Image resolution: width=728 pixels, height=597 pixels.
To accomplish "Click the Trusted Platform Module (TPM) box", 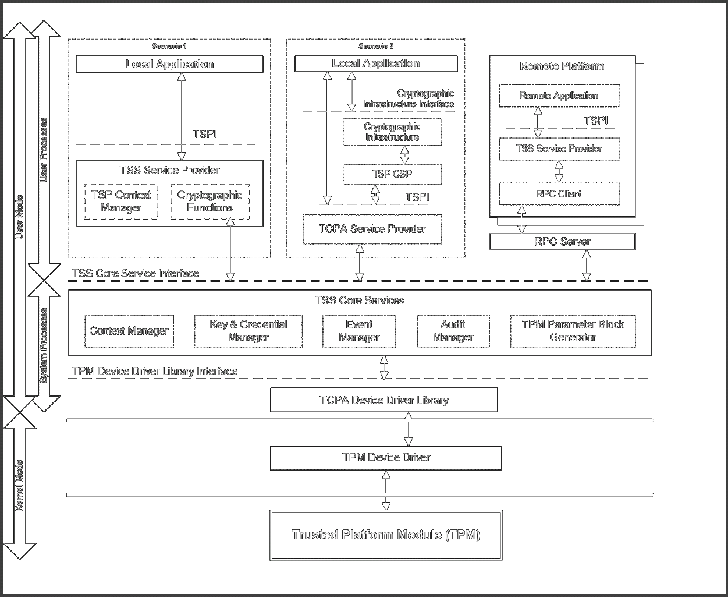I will [386, 535].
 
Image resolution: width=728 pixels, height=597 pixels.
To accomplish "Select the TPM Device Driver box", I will [386, 458].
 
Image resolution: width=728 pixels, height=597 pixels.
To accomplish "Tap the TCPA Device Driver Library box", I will [384, 400].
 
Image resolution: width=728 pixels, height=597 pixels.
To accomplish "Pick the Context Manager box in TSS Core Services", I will [129, 331].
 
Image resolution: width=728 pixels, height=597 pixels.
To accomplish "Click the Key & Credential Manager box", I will [248, 331].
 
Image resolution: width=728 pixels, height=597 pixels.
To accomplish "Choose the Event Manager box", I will [359, 331].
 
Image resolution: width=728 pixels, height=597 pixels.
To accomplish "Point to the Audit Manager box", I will [453, 331].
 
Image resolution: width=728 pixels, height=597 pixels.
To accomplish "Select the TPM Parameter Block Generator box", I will [573, 331].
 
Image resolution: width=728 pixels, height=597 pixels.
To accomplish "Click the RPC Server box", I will [562, 241].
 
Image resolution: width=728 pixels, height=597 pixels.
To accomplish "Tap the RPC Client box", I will [559, 194].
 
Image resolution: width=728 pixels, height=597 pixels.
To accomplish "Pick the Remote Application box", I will [559, 96].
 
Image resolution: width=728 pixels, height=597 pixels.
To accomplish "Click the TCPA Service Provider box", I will [372, 229].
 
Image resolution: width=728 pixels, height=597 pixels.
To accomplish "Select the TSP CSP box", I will [392, 174].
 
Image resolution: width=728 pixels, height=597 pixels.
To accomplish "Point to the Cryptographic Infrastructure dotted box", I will [392, 132].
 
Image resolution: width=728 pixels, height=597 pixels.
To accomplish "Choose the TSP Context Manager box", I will [121, 202].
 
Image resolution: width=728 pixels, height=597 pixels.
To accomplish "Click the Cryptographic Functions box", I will [209, 202].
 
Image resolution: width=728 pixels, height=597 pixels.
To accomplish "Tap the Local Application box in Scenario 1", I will [169, 64].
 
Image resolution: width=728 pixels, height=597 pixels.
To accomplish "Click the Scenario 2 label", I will [376, 46].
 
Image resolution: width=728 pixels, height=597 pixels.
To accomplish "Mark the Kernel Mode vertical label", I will [19, 486].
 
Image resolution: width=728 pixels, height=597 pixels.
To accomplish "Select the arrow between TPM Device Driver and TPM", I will [386, 490].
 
